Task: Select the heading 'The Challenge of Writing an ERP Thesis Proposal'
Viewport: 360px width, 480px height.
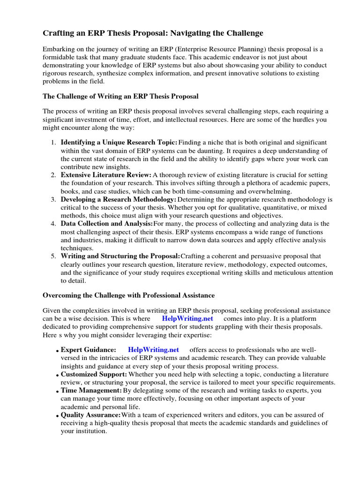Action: tap(120, 96)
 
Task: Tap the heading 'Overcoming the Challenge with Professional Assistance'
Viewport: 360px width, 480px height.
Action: tap(128, 295)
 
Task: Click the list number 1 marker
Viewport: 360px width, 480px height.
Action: tap(53, 142)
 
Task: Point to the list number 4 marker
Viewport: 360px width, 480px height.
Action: tap(53, 224)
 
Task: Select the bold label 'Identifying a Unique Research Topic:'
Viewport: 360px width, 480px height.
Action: tap(119, 142)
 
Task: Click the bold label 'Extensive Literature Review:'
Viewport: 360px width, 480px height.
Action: tap(106, 175)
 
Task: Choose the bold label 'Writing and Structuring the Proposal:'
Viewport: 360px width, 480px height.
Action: tap(120, 256)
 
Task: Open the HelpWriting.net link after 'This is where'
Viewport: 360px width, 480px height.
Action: tap(187, 318)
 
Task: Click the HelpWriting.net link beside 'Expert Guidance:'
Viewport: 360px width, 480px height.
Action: tap(153, 350)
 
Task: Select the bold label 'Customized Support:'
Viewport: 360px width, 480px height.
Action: tap(94, 375)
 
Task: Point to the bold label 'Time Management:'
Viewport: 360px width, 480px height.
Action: tap(91, 390)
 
